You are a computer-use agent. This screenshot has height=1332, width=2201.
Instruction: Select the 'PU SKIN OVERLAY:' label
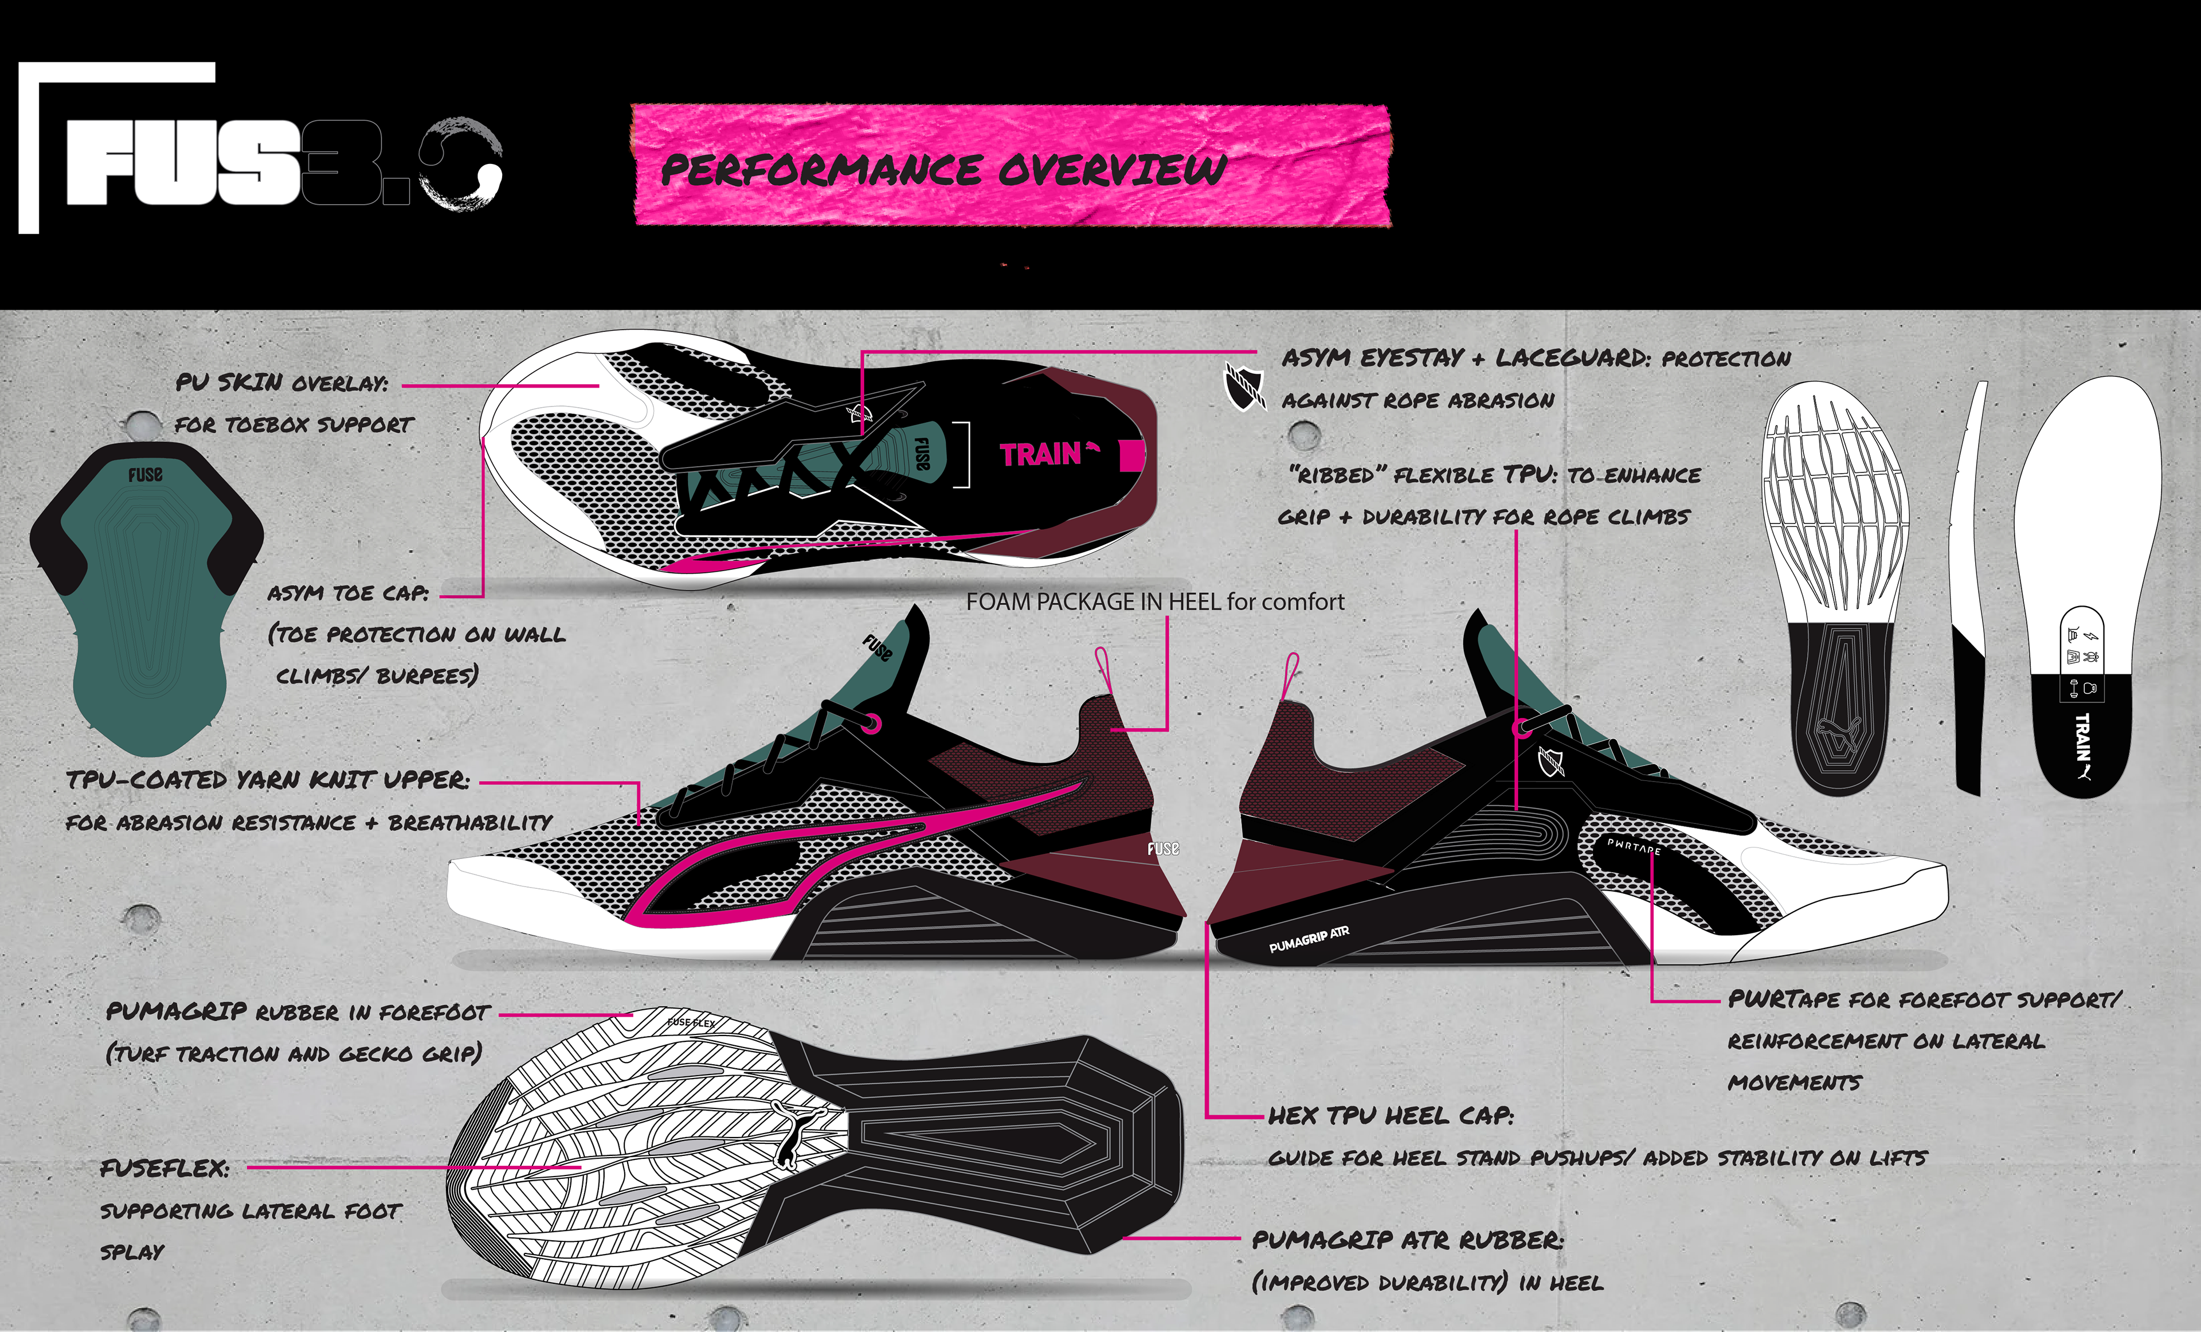[282, 383]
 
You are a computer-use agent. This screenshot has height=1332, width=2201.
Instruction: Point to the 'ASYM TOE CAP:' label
[348, 593]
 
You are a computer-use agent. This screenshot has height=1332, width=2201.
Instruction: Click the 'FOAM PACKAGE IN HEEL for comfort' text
[1154, 602]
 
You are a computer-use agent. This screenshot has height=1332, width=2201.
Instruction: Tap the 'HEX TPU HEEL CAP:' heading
[1391, 1116]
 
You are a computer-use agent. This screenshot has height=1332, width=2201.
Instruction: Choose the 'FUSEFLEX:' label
[165, 1169]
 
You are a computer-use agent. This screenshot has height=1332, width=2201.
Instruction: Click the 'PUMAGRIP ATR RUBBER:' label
[1407, 1240]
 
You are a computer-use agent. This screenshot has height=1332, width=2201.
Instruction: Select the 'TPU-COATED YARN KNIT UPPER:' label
[268, 780]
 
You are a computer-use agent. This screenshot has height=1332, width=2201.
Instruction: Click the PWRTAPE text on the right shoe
[1633, 846]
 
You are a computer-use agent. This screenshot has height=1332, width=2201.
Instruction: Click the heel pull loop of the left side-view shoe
[1102, 670]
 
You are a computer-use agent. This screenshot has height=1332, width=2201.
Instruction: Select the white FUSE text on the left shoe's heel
[1163, 849]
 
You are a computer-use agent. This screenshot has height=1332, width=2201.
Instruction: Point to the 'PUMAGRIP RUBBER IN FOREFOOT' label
[297, 1012]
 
